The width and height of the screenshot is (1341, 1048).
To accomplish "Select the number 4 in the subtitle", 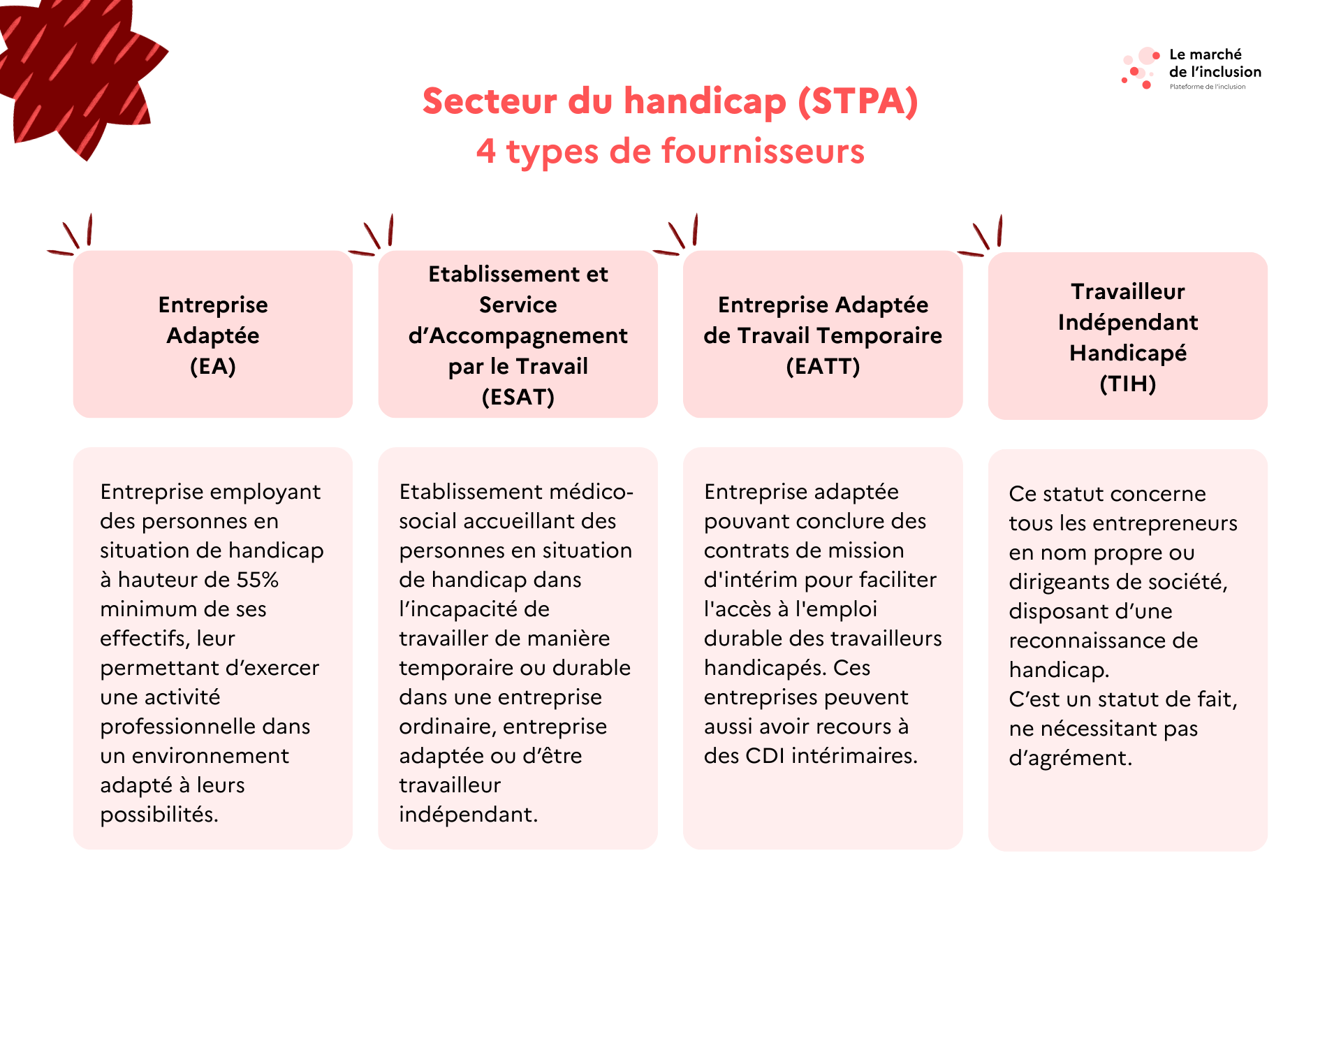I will click(x=486, y=152).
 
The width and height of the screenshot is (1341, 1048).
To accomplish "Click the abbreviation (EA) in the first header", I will click(x=213, y=366).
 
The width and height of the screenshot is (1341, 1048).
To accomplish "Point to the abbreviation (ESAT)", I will click(x=518, y=397).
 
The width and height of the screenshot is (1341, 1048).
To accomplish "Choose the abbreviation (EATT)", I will click(x=823, y=366).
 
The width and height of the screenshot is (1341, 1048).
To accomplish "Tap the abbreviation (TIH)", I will click(x=1128, y=384).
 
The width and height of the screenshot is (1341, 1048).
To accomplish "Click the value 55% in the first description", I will click(x=258, y=580).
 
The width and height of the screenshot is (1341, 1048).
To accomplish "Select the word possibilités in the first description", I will click(x=159, y=815).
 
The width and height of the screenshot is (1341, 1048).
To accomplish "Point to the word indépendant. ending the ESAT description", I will click(x=469, y=815).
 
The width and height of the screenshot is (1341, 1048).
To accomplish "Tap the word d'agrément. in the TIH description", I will click(x=1070, y=758).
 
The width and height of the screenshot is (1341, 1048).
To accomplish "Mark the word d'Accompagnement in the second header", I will click(x=518, y=336).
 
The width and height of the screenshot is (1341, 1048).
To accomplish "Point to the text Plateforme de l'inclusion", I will click(x=1208, y=87).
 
